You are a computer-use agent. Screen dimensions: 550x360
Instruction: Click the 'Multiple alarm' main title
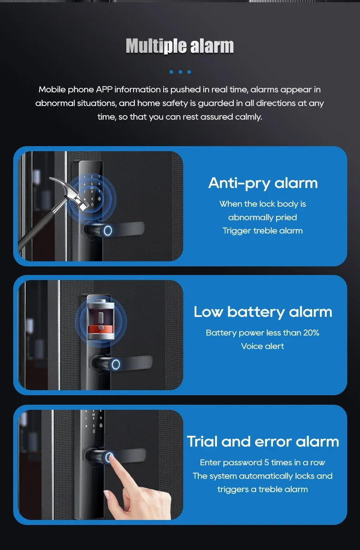coord(180,46)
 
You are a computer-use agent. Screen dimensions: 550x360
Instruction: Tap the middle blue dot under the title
coord(180,72)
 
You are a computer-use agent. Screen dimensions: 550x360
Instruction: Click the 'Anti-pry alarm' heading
coord(262,183)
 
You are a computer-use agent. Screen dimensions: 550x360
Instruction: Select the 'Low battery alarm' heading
coord(262,312)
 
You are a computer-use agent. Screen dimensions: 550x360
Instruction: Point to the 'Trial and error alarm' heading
coord(263,442)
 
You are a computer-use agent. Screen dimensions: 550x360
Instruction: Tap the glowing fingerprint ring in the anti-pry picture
coord(108,230)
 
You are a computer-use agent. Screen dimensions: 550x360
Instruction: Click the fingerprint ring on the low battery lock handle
coord(116,364)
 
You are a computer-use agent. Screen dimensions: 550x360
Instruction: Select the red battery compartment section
coord(99,328)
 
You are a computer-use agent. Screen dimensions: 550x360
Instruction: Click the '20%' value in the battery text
coord(311,333)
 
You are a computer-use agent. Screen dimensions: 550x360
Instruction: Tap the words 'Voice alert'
coord(262,346)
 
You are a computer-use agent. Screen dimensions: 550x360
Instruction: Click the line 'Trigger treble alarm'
coord(262,231)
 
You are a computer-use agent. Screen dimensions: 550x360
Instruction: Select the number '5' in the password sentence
coord(267,463)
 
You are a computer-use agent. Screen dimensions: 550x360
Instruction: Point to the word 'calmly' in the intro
coord(248,117)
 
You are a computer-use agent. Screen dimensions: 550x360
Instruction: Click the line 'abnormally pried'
coord(262,218)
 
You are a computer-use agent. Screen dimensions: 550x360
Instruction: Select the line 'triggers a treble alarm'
coord(262,489)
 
